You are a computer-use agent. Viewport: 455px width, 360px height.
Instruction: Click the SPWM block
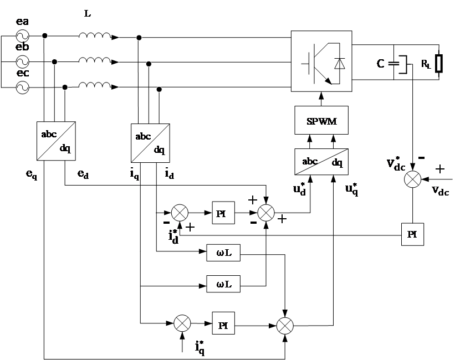coord(321,121)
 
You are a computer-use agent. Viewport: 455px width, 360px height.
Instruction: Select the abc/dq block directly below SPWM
coord(321,162)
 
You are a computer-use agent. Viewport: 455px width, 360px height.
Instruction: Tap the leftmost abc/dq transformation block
coord(56,141)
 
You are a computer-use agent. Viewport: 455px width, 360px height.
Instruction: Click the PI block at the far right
coord(412,235)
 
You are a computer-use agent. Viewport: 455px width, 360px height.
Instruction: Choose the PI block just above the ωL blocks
coord(223,214)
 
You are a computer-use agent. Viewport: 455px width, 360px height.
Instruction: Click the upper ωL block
coord(223,253)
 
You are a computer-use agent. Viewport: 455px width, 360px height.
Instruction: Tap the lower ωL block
coord(223,285)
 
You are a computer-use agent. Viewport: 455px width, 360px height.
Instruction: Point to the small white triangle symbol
coord(340,64)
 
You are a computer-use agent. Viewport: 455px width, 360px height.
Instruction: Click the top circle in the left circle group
coord(45,35)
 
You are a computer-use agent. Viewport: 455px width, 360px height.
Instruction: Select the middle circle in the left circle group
coord(54,61)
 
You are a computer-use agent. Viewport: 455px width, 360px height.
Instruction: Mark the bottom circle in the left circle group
coord(65,88)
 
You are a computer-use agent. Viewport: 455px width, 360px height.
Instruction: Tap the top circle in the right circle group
coord(139,38)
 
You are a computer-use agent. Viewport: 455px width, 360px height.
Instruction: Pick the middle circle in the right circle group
coord(149,64)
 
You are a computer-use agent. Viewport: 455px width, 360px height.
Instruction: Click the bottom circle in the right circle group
coord(159,89)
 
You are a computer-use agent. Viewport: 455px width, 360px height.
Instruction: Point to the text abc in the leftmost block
coord(49,134)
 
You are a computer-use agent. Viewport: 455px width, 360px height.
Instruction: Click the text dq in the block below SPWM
coord(337,163)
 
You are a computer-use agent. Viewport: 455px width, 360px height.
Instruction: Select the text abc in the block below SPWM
coord(310,162)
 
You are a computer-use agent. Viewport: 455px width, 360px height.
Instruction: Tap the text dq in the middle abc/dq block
coord(159,150)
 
